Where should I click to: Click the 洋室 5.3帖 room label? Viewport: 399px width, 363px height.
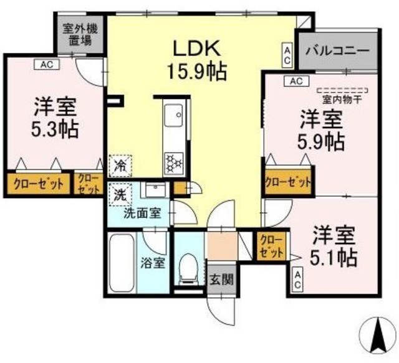pos(55,118)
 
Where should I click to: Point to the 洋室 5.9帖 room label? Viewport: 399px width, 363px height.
pos(320,129)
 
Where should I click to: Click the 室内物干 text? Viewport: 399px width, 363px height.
pos(342,98)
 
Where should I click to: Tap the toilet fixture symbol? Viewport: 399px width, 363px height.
pos(186,267)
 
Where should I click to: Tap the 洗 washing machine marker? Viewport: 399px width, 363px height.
pos(119,194)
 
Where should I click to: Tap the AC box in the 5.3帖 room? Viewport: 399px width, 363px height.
pos(47,64)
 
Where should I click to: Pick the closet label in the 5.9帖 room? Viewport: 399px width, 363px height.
pos(288,182)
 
